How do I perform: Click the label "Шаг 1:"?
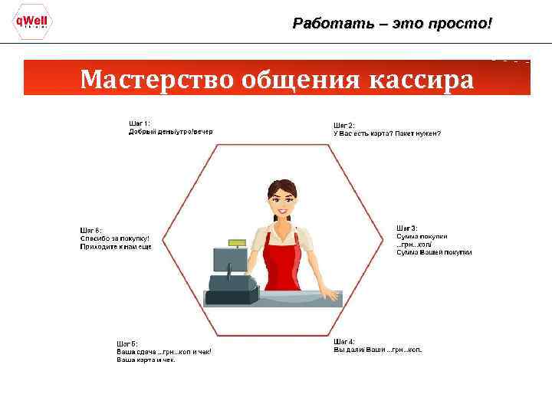(x=139, y=123)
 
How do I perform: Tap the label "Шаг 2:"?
(x=343, y=125)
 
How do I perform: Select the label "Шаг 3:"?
(x=406, y=228)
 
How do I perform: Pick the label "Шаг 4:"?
(x=343, y=341)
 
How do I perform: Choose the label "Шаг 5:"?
(x=127, y=343)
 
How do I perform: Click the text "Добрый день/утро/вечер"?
(x=170, y=132)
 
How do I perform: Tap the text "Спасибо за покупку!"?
(x=115, y=238)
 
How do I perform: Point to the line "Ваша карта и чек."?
(x=146, y=360)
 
